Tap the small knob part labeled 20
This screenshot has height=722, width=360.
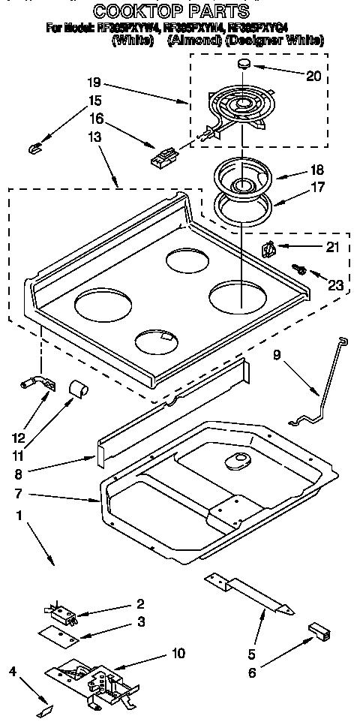(x=243, y=66)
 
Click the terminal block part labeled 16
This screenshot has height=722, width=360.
(x=163, y=156)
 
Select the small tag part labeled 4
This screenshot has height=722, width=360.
(x=46, y=708)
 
